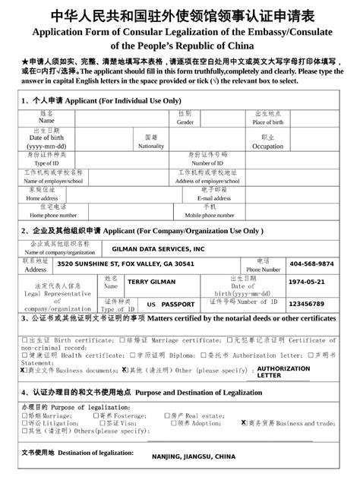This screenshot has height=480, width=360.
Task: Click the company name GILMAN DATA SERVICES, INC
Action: click(158, 249)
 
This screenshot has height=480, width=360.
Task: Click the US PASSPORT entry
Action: click(171, 304)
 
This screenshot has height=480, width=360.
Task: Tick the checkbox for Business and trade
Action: click(244, 423)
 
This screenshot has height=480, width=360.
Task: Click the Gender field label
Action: click(185, 122)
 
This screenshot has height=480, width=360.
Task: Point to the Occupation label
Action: click(267, 147)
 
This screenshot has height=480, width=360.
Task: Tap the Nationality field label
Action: click(151, 146)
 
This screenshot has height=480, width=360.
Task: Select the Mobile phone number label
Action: click(208, 215)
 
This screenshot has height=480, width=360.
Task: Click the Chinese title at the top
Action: click(180, 16)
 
